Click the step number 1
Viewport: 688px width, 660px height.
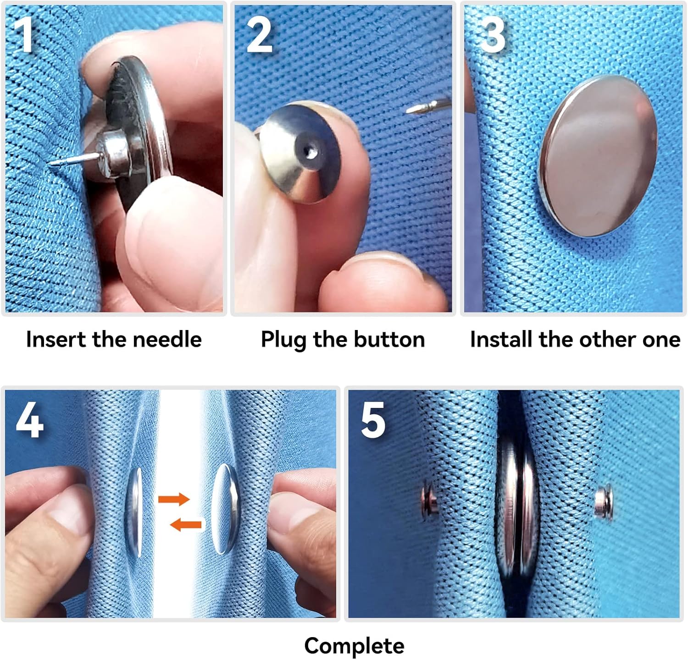tap(23, 34)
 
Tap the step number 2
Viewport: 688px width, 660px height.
tap(260, 35)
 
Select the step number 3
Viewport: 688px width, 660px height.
tap(493, 35)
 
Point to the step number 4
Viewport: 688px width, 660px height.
tap(30, 420)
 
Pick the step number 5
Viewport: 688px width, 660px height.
tap(373, 421)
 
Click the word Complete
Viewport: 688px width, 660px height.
tap(354, 646)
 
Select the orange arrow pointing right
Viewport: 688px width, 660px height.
tap(174, 499)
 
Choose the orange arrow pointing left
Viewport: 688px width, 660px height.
tap(186, 524)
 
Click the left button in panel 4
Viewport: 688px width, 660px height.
tap(134, 512)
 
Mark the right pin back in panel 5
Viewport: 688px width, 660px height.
tap(604, 502)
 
